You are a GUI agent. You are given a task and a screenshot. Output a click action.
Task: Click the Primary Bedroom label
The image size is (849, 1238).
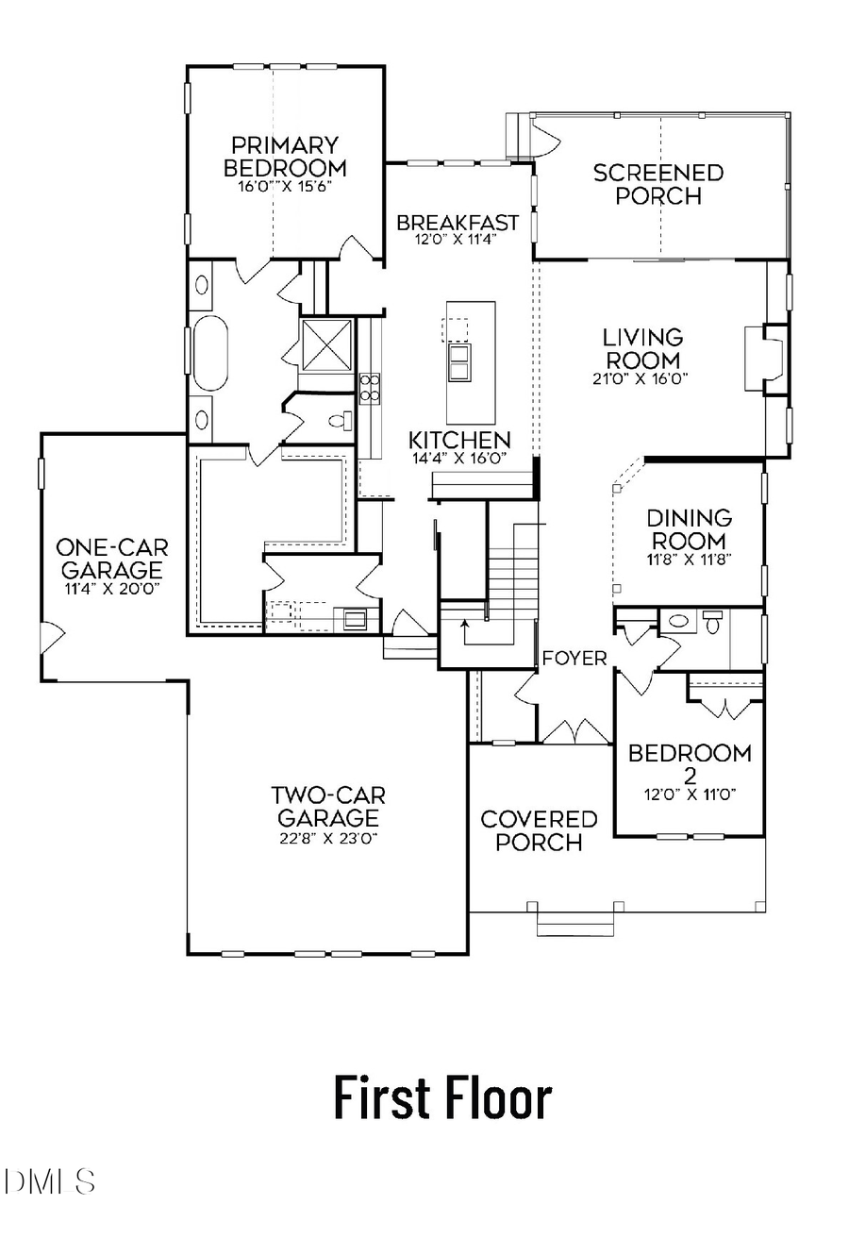pos(285,157)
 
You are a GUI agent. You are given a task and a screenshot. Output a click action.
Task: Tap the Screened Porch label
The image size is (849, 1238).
pos(658,184)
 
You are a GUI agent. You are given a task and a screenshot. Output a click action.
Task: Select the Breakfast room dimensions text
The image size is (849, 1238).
pos(458,240)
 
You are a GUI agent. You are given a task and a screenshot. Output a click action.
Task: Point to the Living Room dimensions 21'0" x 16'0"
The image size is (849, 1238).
pos(642,378)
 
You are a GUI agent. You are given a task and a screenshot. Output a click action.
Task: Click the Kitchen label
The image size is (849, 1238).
pos(459,440)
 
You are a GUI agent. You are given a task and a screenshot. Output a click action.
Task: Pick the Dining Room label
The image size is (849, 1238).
pos(689,529)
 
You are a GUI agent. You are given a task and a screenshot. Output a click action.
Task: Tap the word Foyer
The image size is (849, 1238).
pos(574,659)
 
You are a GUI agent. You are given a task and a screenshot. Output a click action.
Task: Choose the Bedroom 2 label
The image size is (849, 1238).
pos(690,762)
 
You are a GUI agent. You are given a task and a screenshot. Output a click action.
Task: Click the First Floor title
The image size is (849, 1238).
pos(442,1098)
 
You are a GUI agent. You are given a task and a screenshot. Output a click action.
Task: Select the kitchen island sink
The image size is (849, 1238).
pos(459,361)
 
